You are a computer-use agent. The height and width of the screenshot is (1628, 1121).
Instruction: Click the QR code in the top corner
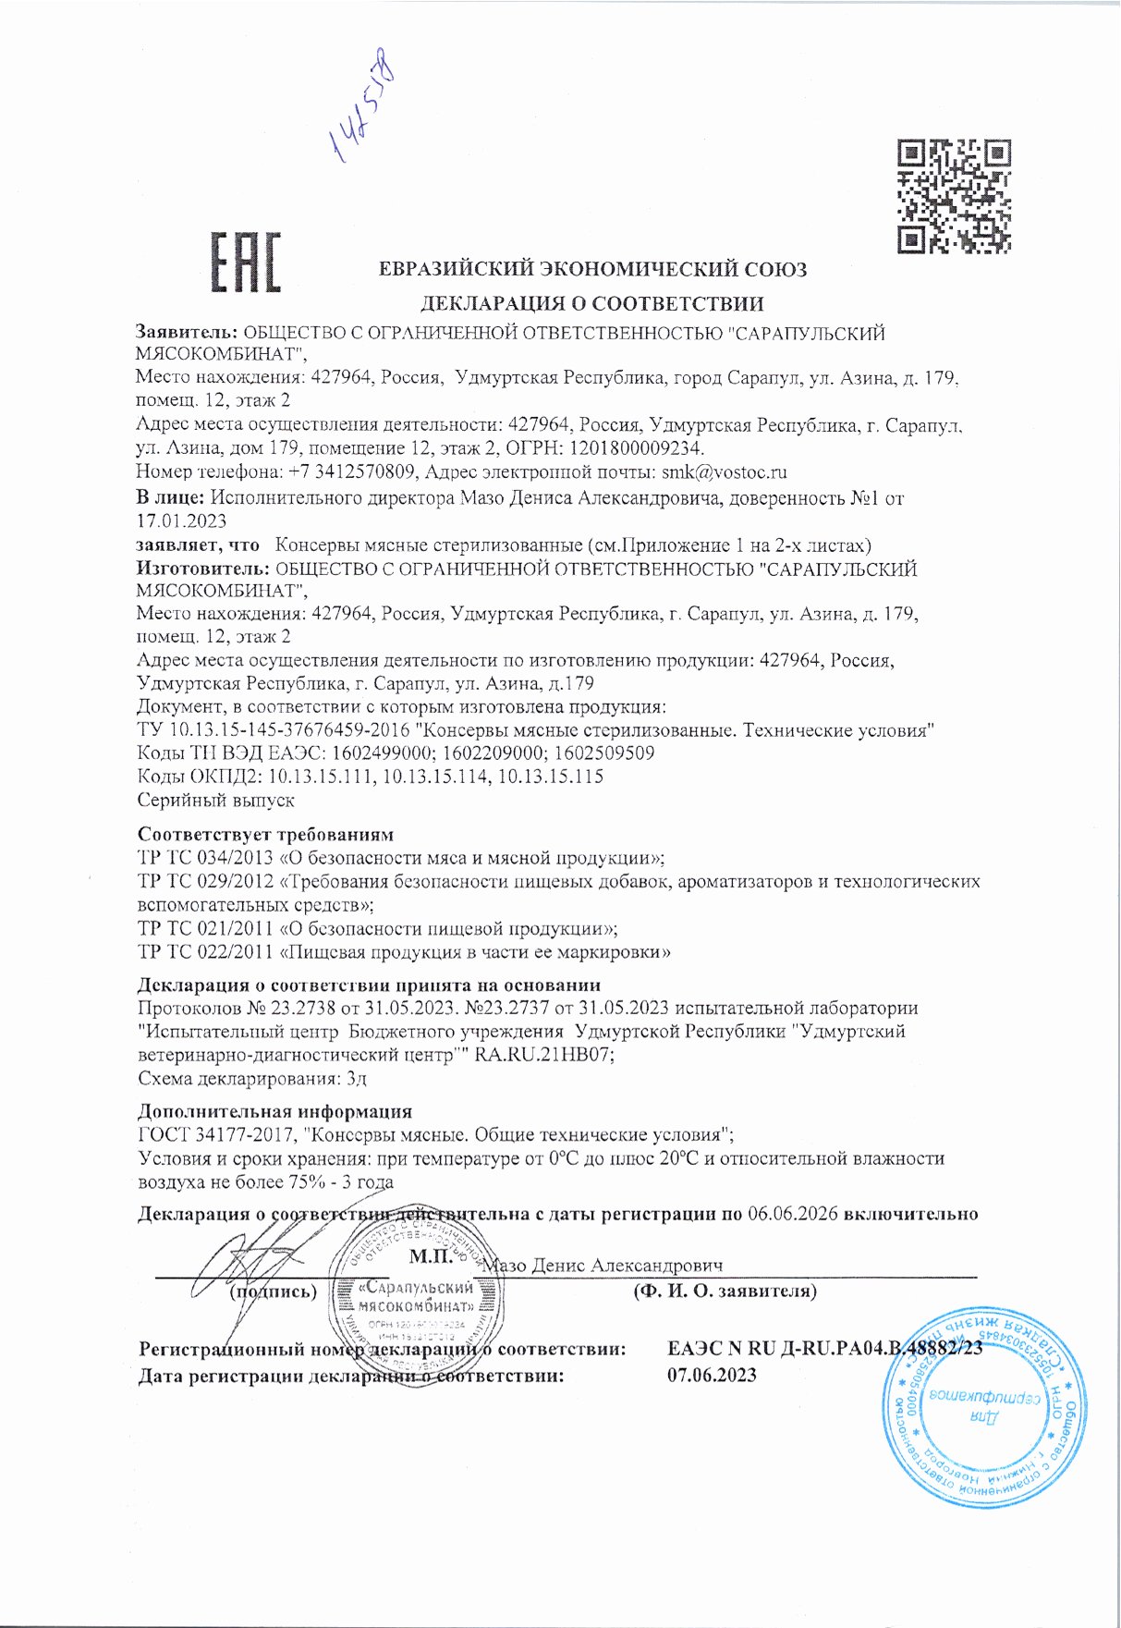tap(955, 196)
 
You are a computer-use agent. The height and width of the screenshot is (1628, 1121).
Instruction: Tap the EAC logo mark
tap(246, 262)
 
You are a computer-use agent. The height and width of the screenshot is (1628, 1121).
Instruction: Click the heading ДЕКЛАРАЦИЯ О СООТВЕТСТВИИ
tap(591, 303)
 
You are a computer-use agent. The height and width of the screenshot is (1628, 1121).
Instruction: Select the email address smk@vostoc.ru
tap(725, 472)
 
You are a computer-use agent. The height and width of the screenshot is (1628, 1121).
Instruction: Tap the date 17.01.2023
tap(181, 521)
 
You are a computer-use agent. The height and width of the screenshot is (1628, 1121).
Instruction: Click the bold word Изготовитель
tap(202, 569)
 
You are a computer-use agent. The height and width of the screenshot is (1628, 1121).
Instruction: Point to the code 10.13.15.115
tap(550, 777)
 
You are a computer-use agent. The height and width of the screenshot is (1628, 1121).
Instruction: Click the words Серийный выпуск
tap(215, 800)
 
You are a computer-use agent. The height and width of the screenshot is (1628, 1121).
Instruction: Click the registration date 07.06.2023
tap(712, 1375)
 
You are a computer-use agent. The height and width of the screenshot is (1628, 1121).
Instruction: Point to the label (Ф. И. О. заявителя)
tap(725, 1291)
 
